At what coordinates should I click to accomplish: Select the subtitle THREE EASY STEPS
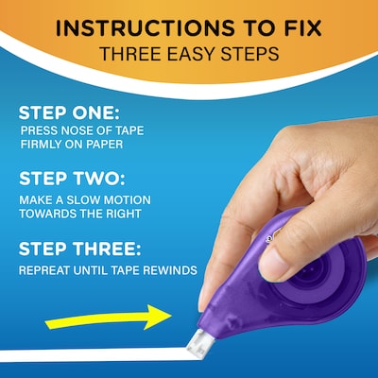click(x=189, y=56)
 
